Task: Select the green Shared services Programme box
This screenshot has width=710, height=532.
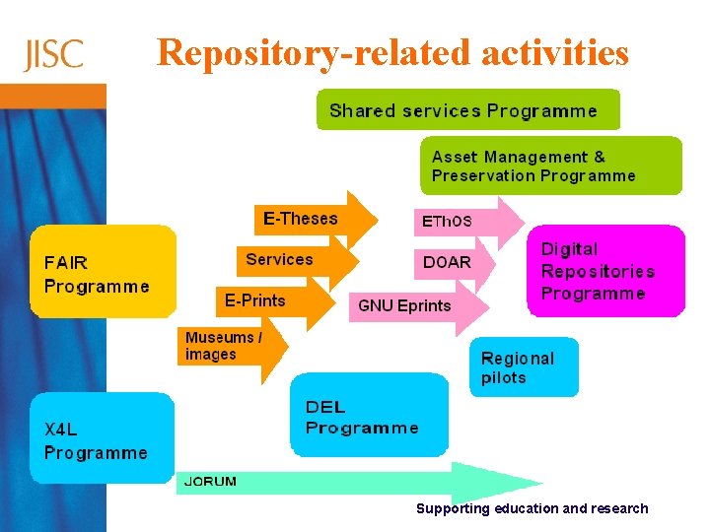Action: click(x=467, y=110)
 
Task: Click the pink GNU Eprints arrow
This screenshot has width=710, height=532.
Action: click(x=414, y=305)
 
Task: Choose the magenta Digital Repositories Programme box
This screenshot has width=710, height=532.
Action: click(x=603, y=272)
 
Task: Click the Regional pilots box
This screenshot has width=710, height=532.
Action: click(x=523, y=367)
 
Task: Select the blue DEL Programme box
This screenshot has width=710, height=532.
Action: click(x=369, y=416)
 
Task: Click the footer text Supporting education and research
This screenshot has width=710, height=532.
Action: click(x=532, y=508)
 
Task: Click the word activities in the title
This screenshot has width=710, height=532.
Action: click(x=555, y=52)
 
